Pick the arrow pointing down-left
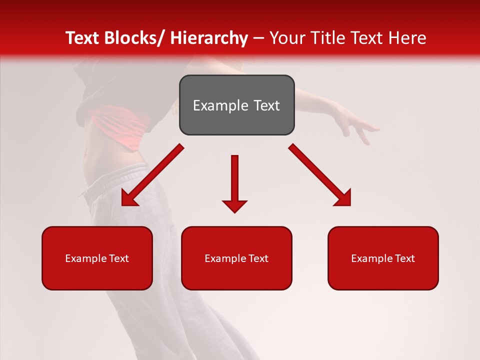click(x=152, y=175)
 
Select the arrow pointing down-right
click(x=320, y=175)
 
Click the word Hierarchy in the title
click(x=209, y=38)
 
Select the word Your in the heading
click(x=287, y=38)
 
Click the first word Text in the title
click(x=82, y=38)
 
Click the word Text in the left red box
click(x=118, y=258)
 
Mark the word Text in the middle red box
click(x=258, y=258)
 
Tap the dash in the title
click(x=258, y=38)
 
